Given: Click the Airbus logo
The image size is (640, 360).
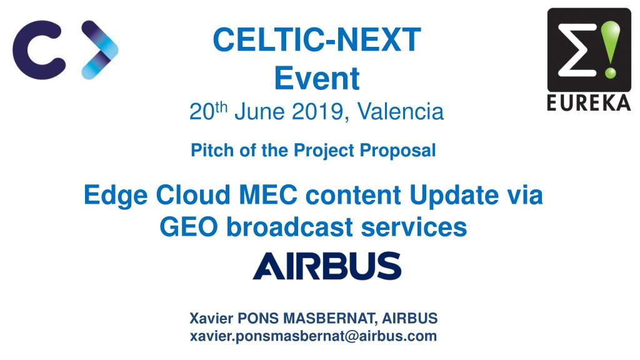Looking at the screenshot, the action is coord(327,266).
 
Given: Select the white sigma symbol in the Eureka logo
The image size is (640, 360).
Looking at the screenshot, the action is coord(577,50).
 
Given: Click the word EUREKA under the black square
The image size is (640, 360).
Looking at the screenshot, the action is coord(589,103).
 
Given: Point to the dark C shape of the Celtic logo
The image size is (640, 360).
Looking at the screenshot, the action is coord(39,50).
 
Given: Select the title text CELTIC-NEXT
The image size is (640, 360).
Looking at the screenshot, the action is coord(317,39).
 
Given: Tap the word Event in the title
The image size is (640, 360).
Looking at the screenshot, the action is coord(317,78).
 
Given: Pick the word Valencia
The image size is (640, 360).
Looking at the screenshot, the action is coord(401,111).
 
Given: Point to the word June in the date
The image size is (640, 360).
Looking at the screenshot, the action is coord(259,111).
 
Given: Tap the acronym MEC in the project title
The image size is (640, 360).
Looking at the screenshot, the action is coord(268,195).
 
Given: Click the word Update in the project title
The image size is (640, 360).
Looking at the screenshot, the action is coord(454,196).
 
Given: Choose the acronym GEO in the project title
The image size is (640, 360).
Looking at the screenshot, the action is coord(189,227).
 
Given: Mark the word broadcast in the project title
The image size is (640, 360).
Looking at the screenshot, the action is coord(289,227).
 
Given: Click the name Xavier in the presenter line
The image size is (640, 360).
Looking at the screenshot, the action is coord(211,318).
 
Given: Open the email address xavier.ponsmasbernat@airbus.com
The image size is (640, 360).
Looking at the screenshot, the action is coord(314,336).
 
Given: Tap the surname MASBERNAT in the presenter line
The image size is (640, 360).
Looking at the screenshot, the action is coord(330,318).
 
